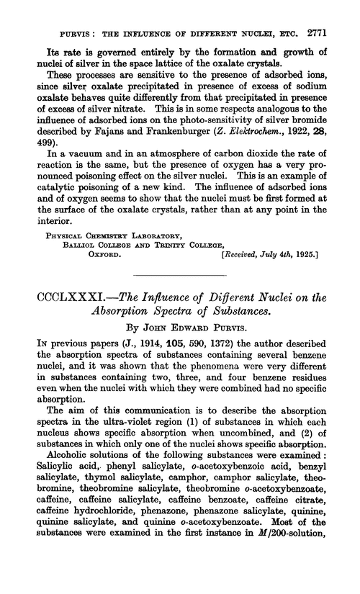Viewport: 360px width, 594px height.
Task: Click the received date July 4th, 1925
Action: point(288,254)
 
